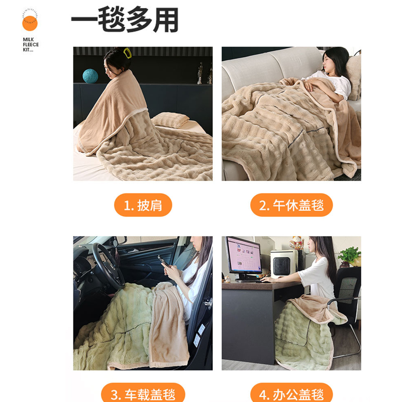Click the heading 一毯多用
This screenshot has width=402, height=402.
click(x=125, y=22)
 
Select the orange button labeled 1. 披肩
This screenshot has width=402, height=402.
click(x=143, y=205)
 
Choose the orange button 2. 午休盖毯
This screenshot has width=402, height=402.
click(x=291, y=205)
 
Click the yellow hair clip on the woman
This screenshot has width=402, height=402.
click(x=123, y=52)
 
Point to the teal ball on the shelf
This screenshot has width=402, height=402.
click(x=90, y=75)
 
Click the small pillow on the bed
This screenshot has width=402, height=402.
click(x=170, y=120)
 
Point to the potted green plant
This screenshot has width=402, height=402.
click(x=350, y=255)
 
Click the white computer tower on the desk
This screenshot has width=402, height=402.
click(x=282, y=263)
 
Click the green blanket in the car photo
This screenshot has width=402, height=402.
click(x=111, y=327)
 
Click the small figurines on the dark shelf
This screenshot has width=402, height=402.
click(x=204, y=74)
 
